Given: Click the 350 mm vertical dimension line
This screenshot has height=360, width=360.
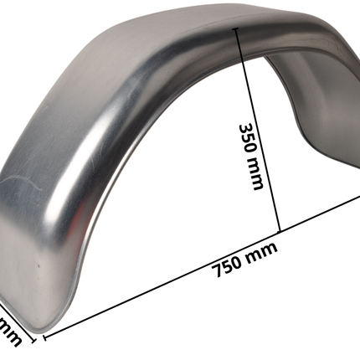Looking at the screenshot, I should click(x=260, y=126).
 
